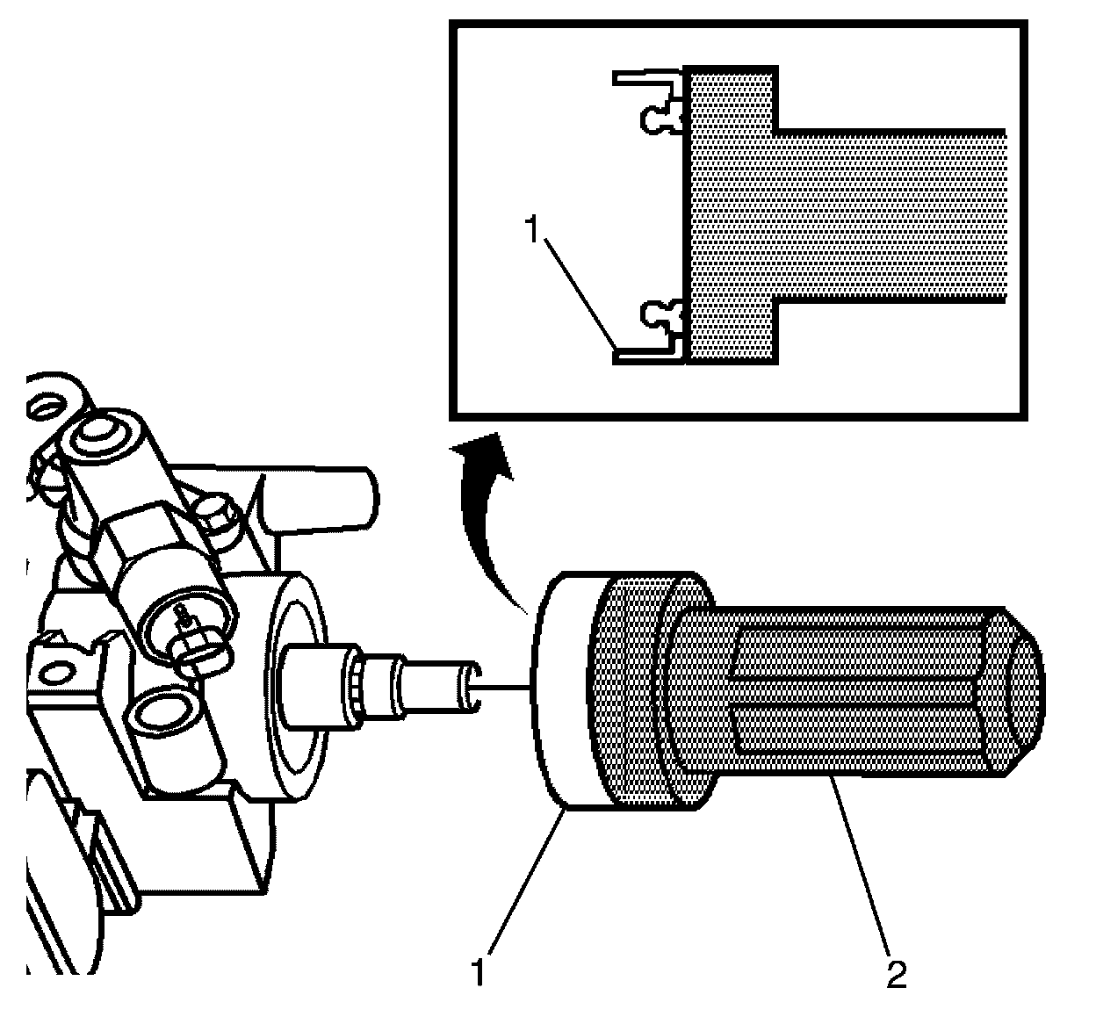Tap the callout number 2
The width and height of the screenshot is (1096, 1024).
(896, 973)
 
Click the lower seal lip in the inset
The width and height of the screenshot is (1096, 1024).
(660, 314)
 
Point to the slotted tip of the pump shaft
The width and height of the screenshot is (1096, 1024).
(469, 684)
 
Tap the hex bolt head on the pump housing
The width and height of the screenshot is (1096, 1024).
(216, 514)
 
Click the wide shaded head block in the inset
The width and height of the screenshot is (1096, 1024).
(731, 215)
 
